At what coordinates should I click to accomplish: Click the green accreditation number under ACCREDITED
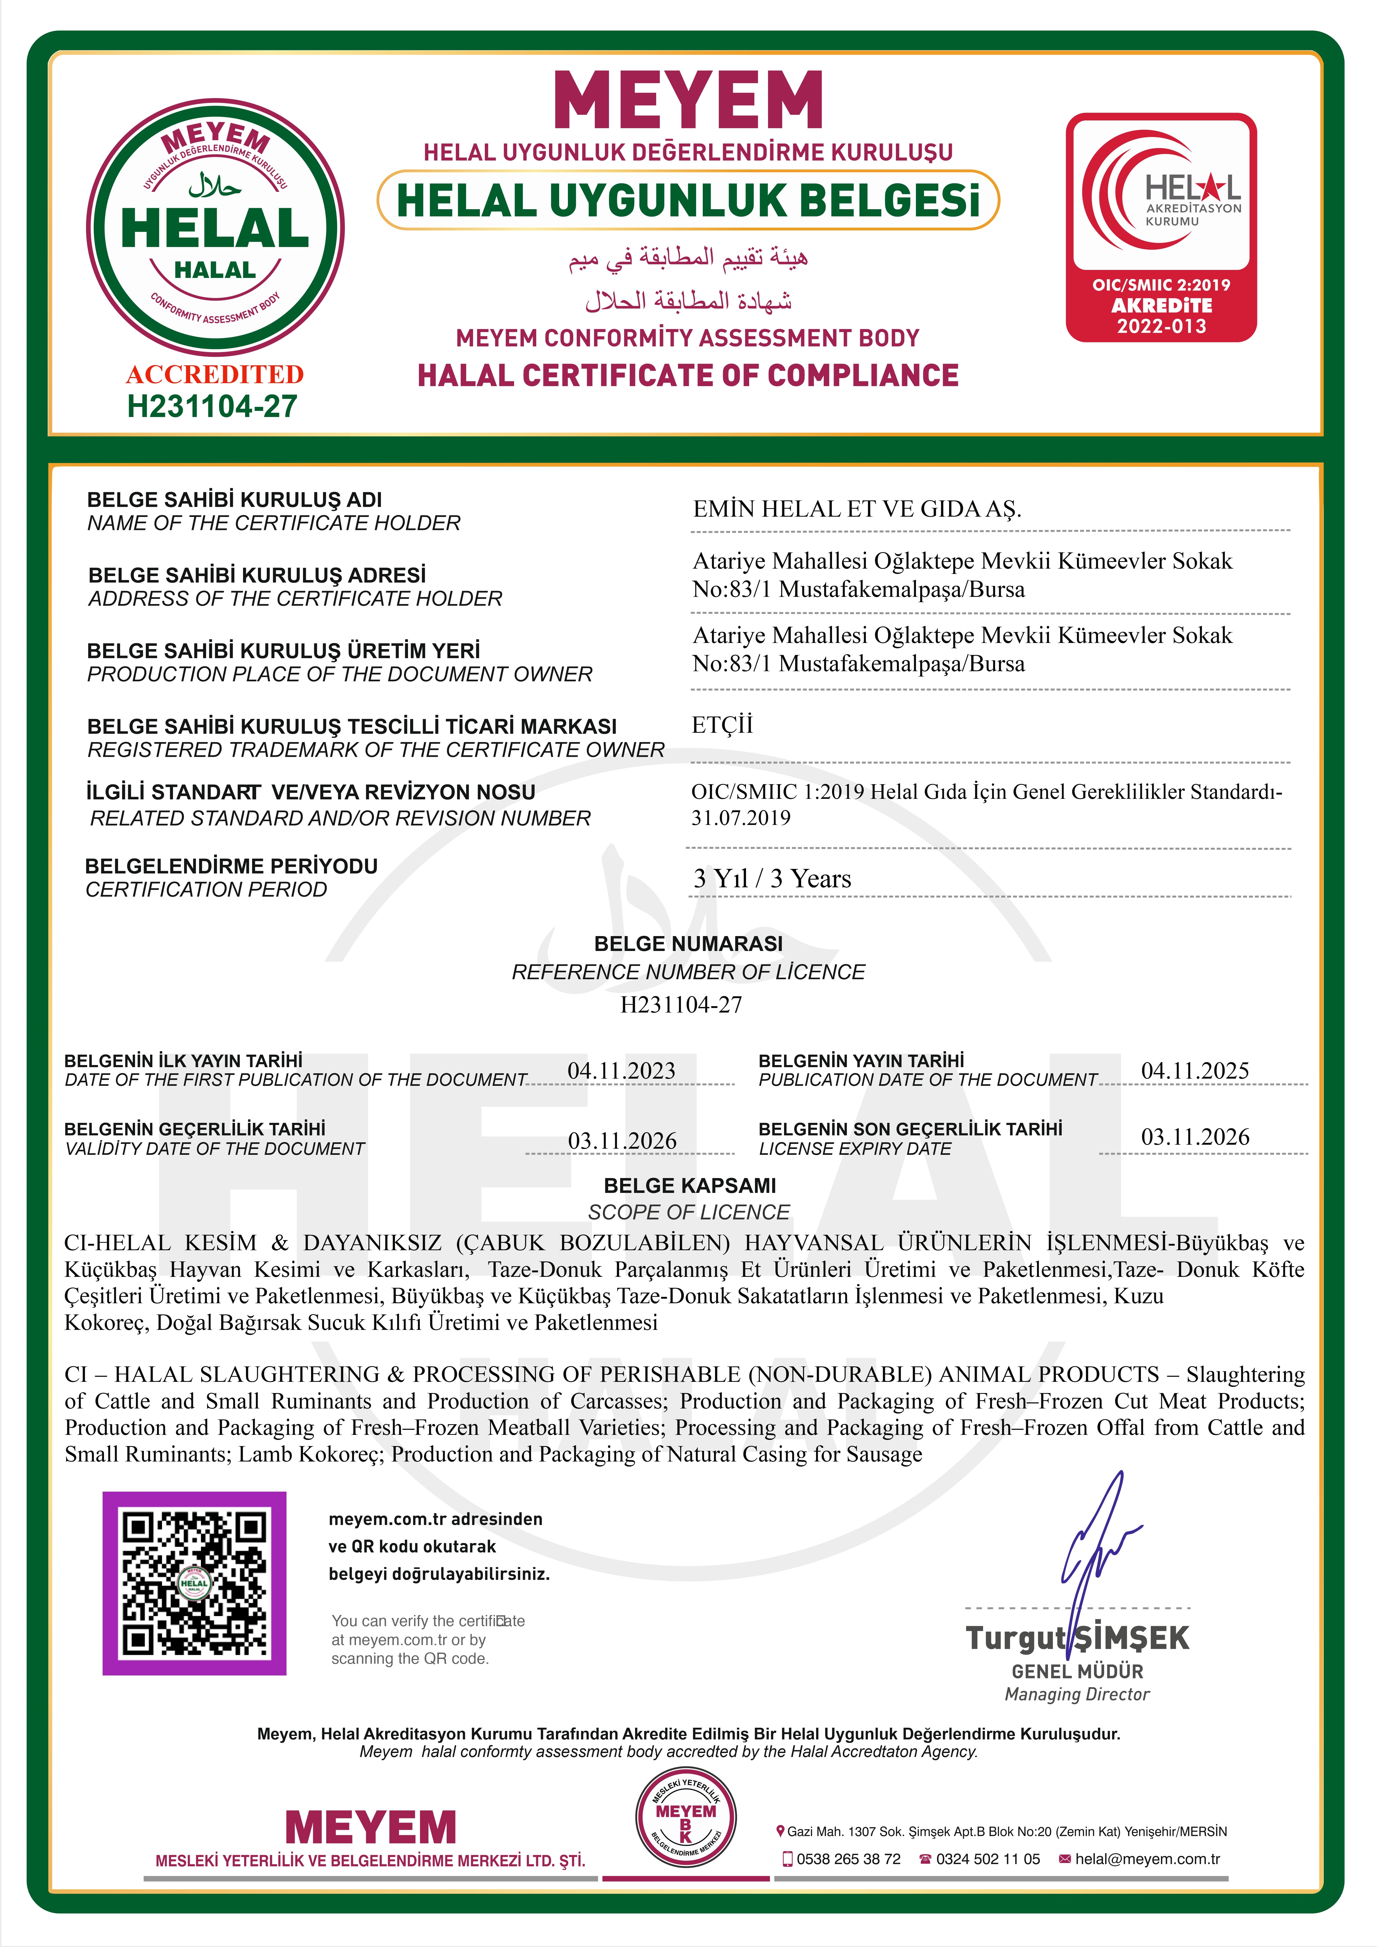pyautogui.click(x=212, y=406)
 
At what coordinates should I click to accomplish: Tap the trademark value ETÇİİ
pyautogui.click(x=722, y=725)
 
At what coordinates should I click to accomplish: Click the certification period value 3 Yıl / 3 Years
pyautogui.click(x=772, y=879)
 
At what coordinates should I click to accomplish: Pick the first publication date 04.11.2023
pyautogui.click(x=621, y=1070)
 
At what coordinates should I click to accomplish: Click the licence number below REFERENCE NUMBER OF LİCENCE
pyautogui.click(x=681, y=1005)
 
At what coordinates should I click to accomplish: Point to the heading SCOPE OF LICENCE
pyautogui.click(x=689, y=1212)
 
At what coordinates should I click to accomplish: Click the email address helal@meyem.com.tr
pyautogui.click(x=1147, y=1859)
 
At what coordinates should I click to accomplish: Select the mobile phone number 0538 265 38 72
pyautogui.click(x=848, y=1859)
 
